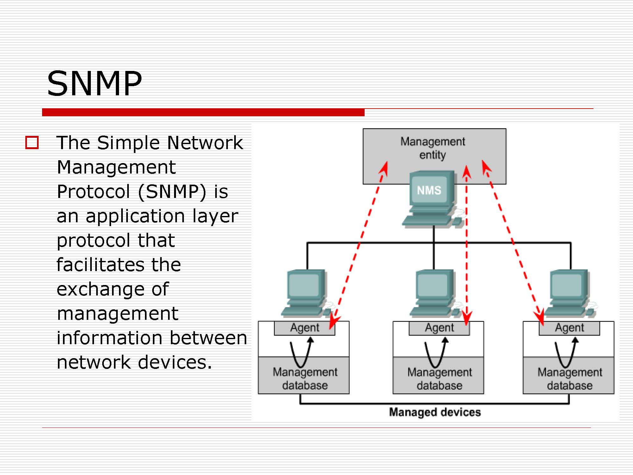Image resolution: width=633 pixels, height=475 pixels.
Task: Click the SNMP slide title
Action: point(94,83)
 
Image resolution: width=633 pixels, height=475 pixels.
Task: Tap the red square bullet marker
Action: point(32,142)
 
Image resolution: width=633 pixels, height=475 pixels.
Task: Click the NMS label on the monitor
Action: point(429,190)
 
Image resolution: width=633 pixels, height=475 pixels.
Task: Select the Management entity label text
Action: point(433,148)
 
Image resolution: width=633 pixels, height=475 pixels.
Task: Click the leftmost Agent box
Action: point(304,328)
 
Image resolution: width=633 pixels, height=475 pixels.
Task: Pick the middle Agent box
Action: point(439,328)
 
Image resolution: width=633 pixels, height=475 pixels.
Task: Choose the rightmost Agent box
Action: point(569,328)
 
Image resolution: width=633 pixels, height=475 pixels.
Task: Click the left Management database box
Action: point(304,376)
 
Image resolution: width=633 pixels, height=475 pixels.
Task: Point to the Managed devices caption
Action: point(435,412)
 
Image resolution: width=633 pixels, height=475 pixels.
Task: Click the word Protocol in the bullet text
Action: point(93,192)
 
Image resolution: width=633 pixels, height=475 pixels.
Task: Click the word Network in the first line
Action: point(205,143)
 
